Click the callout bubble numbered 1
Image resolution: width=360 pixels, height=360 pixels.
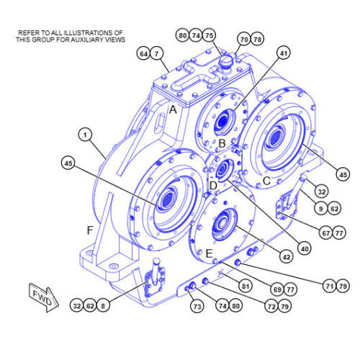pyautogui.click(x=86, y=135)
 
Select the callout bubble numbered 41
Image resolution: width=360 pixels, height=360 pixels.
pyautogui.click(x=283, y=53)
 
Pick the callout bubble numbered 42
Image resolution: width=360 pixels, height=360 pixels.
pyautogui.click(x=287, y=256)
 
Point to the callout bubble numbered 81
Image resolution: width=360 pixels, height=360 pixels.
pyautogui.click(x=247, y=287)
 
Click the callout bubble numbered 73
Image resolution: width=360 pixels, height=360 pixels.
pyautogui.click(x=197, y=307)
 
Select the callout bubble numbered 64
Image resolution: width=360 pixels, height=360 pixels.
pyautogui.click(x=144, y=53)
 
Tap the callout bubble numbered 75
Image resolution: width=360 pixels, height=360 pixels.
pyautogui.click(x=210, y=35)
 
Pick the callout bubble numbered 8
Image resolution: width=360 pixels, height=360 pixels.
pyautogui.click(x=106, y=306)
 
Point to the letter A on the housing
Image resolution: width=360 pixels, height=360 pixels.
pyautogui.click(x=172, y=109)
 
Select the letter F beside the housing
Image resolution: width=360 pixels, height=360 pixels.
pyautogui.click(x=89, y=230)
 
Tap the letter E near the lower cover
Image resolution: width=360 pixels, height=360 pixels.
pyautogui.click(x=210, y=254)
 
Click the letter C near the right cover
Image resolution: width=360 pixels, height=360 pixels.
pyautogui.click(x=266, y=181)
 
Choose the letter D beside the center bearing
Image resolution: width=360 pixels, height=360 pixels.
pyautogui.click(x=212, y=186)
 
